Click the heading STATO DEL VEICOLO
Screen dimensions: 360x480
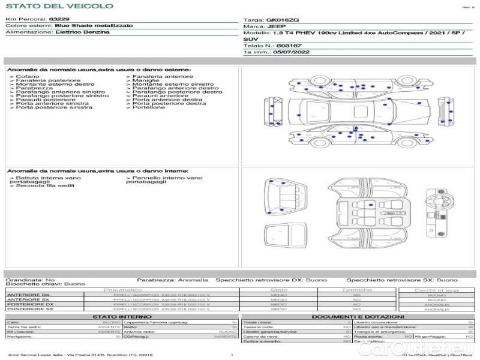coord(51,6)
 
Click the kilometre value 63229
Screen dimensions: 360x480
coord(59,20)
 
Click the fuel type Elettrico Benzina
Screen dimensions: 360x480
coord(82,32)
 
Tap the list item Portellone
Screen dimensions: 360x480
coord(148,107)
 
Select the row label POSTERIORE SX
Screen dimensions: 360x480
coord(30,309)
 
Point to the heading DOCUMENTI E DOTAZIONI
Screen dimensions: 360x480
coord(358,316)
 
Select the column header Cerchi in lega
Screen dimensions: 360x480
coord(436,290)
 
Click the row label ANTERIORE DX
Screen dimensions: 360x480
coord(28,295)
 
